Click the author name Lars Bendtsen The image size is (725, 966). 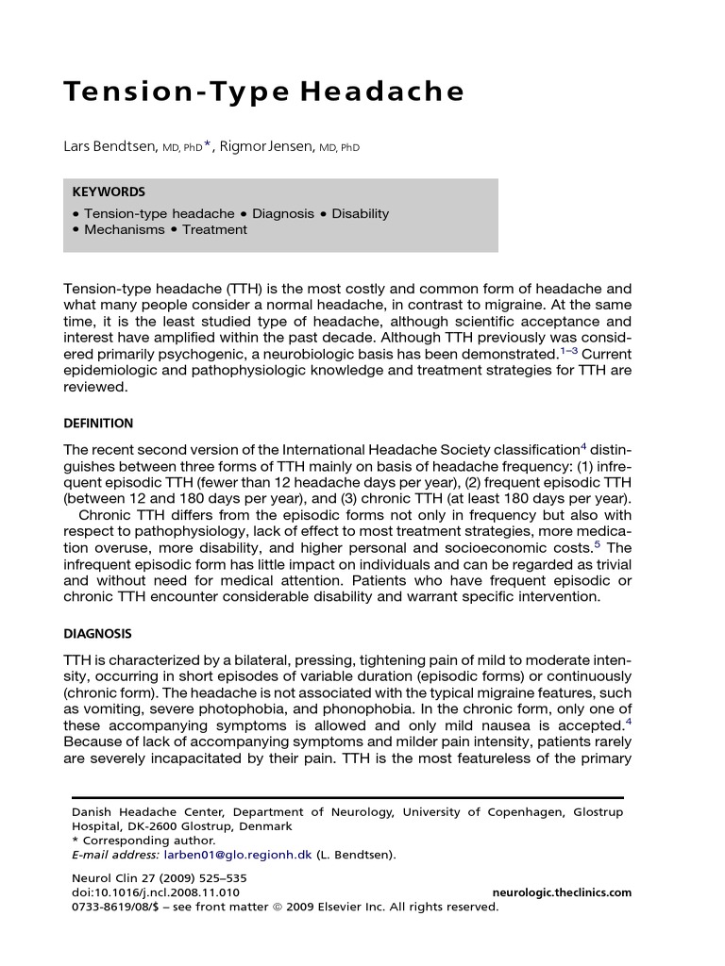(x=104, y=147)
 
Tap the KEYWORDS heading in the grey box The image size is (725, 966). (x=108, y=192)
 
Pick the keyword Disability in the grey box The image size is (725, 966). (x=360, y=213)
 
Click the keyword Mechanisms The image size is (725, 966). (x=124, y=229)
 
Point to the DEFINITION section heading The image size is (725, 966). (x=98, y=424)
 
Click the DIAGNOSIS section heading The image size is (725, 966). (x=97, y=634)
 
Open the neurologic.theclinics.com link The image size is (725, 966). (x=562, y=891)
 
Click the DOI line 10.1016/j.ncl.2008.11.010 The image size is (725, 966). (x=156, y=891)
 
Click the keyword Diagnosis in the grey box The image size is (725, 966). (x=282, y=213)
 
